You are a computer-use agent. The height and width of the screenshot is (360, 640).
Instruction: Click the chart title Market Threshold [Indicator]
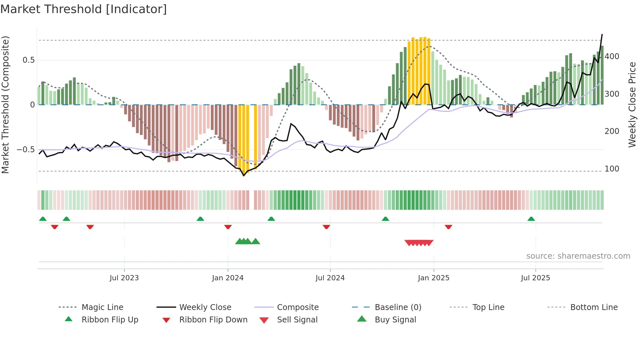84,9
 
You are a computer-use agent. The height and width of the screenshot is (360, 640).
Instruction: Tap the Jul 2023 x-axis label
124,278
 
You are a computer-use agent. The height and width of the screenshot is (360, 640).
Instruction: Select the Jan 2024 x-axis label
228,278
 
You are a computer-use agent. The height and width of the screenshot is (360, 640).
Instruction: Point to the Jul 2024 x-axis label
330,278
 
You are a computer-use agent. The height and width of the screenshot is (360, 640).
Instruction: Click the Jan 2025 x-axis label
434,278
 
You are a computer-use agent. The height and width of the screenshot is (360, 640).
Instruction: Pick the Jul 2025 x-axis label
536,278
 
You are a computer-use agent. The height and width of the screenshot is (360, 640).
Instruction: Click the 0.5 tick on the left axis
28,60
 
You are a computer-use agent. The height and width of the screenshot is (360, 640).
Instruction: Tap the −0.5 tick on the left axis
26,150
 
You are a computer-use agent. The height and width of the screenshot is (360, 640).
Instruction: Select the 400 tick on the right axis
612,57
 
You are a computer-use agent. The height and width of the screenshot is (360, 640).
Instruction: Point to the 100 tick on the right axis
612,169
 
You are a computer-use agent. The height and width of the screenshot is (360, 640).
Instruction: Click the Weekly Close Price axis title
632,105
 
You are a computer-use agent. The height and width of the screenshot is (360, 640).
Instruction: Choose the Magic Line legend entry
102,307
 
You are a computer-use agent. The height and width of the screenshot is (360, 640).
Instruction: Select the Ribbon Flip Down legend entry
213,320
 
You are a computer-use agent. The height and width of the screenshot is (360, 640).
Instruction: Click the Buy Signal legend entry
395,320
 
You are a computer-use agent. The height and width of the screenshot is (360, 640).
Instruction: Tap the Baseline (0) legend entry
398,307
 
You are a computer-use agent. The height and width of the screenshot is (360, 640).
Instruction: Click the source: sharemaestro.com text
578,256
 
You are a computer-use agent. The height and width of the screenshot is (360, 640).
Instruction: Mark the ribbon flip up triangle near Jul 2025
531,219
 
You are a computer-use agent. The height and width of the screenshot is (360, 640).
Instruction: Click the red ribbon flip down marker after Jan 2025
448,227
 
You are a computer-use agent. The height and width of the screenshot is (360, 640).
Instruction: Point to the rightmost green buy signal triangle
256,241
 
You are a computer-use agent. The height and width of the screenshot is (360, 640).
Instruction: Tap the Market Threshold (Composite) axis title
6,105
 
